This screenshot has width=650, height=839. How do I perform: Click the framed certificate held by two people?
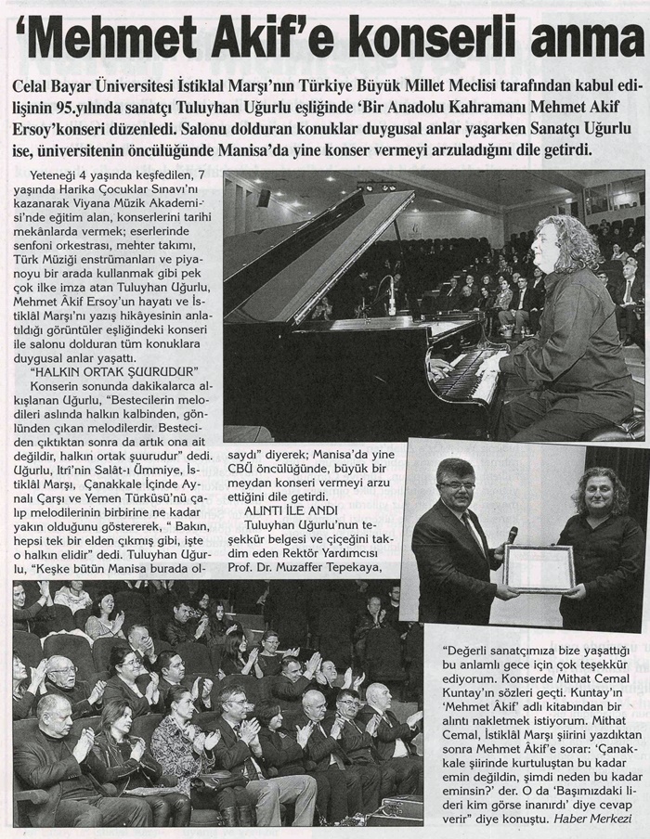pyautogui.click(x=539, y=568)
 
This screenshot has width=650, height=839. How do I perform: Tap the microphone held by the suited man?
pyautogui.click(x=511, y=536)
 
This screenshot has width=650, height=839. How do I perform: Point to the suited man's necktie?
pyautogui.click(x=476, y=533)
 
